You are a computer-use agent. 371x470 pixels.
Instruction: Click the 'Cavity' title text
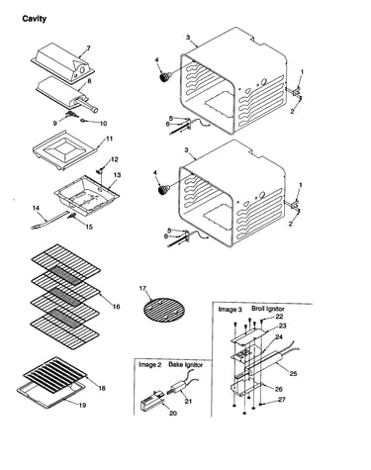[x=35, y=19]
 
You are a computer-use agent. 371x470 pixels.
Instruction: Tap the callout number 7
[x=88, y=48]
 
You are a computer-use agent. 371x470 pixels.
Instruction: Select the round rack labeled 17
[x=164, y=310]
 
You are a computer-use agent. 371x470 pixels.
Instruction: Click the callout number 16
[x=116, y=307]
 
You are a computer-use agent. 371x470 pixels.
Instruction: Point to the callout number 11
[x=109, y=139]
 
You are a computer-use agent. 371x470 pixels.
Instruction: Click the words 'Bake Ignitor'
[x=186, y=364]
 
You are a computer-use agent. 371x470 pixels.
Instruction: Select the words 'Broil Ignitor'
[x=268, y=309]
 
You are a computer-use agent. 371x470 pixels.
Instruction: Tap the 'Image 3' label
[x=231, y=310]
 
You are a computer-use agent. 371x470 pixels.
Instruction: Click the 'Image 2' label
[x=150, y=365]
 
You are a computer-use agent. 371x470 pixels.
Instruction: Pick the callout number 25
[x=293, y=373]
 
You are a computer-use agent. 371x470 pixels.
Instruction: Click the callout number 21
[x=188, y=401]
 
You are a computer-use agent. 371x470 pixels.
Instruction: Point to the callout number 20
[x=173, y=413]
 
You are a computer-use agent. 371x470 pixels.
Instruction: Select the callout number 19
[x=82, y=405]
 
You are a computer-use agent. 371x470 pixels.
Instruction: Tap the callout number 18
[x=102, y=388]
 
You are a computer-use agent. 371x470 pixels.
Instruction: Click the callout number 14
[x=36, y=208]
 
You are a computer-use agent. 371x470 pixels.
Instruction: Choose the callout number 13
[x=117, y=175]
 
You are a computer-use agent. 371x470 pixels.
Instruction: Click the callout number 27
[x=281, y=400]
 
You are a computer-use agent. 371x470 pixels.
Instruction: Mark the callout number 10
[x=103, y=124]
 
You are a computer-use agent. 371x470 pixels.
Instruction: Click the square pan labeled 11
[x=66, y=150]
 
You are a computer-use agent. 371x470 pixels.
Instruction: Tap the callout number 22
[x=279, y=317]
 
